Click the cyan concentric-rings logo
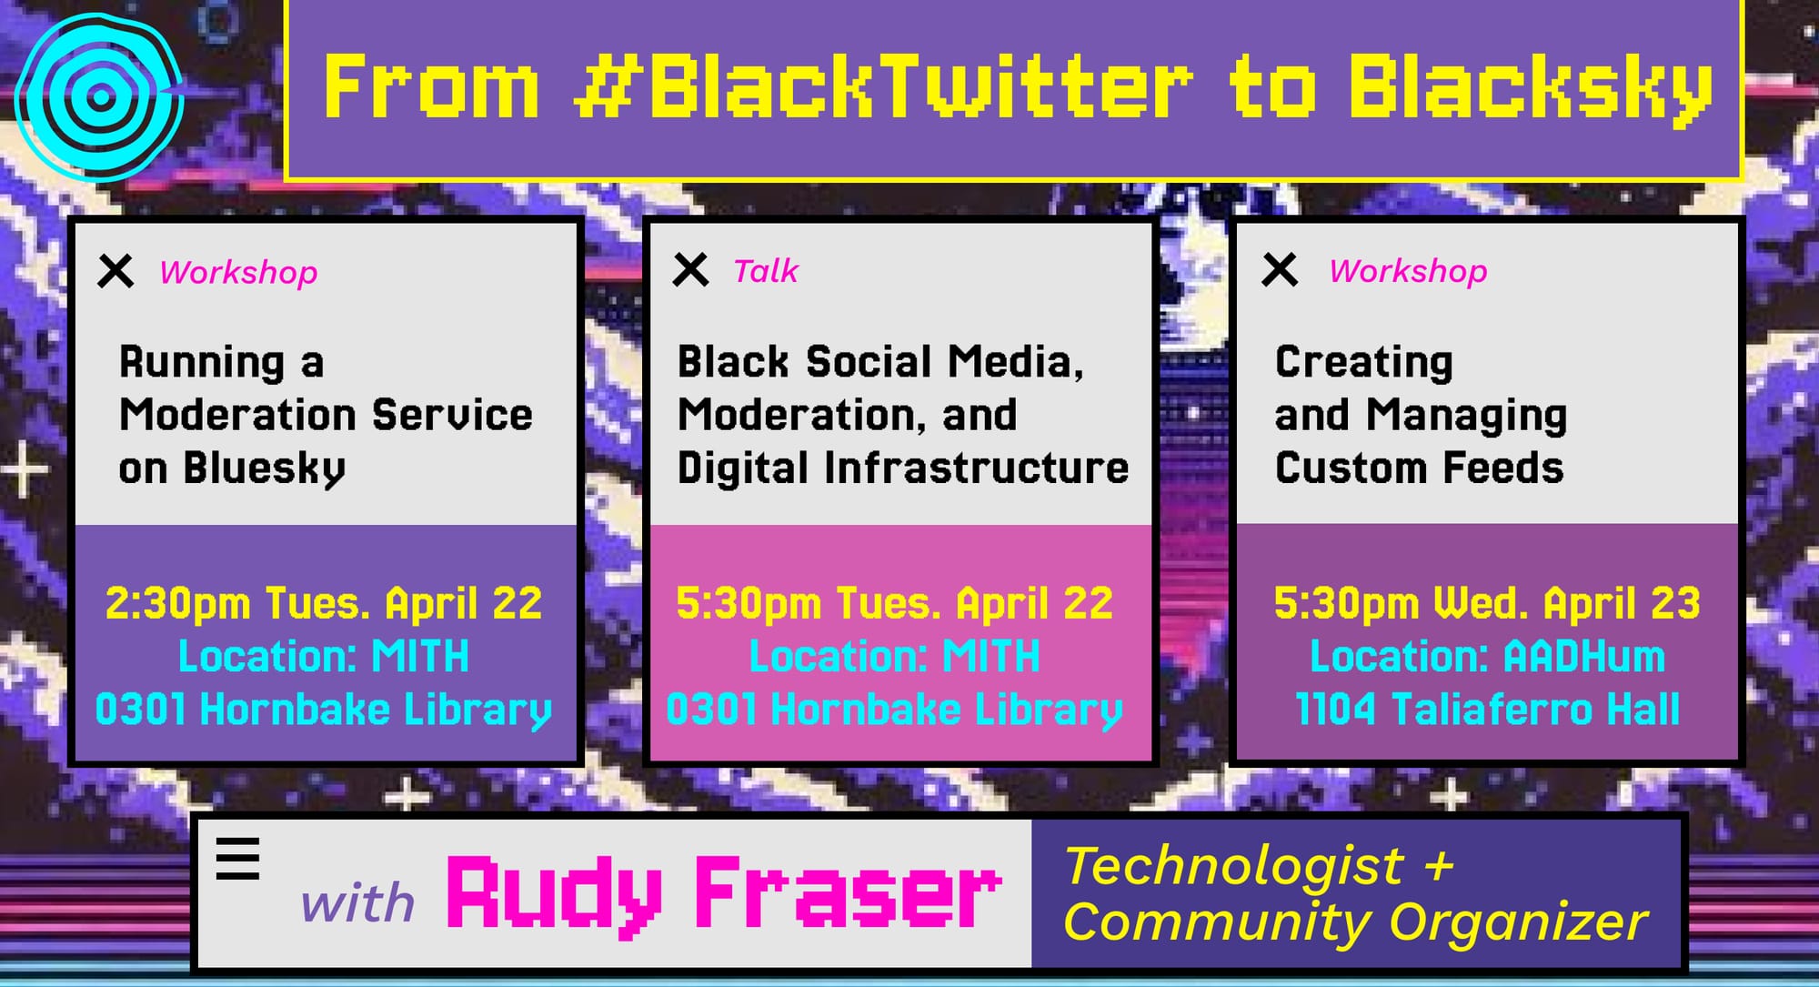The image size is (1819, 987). [100, 96]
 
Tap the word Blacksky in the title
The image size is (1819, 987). [1530, 88]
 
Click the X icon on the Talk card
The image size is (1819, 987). [690, 270]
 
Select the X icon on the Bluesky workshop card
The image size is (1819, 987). [116, 271]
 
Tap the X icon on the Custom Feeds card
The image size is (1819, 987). [1280, 269]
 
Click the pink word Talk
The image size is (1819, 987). [765, 271]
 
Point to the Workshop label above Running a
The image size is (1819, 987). [238, 272]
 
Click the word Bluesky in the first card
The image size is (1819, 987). [264, 468]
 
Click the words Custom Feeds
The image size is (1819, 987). [1419, 468]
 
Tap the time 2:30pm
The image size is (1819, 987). [177, 603]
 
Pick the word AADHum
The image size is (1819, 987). [1583, 656]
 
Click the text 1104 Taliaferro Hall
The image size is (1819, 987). [1487, 710]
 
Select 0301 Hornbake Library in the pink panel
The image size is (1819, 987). [894, 710]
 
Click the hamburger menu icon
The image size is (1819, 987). [237, 859]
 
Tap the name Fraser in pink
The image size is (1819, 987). [848, 894]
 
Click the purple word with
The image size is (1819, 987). [357, 903]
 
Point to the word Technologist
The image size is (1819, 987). [1234, 864]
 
